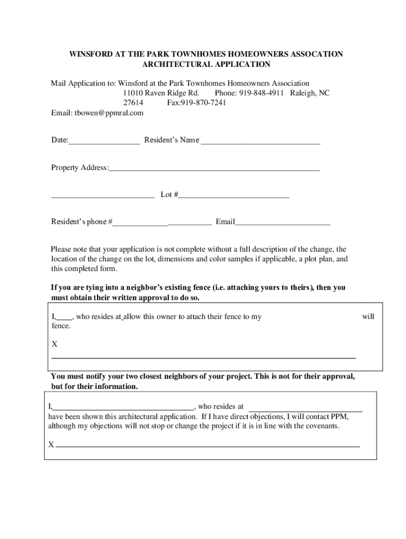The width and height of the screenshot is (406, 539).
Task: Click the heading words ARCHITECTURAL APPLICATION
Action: tap(206, 64)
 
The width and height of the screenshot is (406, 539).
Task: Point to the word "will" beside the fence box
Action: tap(368, 317)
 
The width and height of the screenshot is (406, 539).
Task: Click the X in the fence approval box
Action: tap(54, 344)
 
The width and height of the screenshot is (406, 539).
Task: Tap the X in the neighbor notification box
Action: tap(51, 445)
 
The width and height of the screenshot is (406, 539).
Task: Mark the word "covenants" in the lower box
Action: tap(322, 426)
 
